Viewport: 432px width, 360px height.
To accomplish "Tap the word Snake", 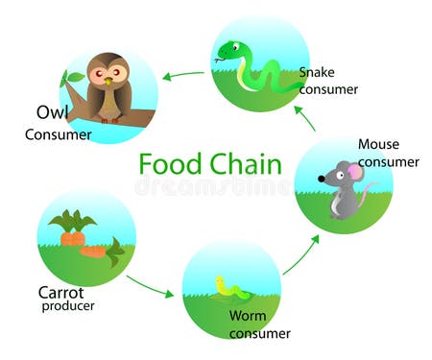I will tap(317, 72).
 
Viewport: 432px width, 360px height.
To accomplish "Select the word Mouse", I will tap(378, 144).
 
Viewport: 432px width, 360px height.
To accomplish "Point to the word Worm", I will tap(247, 316).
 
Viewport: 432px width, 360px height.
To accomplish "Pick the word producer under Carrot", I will tap(69, 307).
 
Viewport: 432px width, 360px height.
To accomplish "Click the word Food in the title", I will tap(172, 163).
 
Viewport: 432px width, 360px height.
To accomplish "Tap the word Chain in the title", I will tap(245, 163).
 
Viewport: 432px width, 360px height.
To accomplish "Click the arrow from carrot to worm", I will tap(151, 285).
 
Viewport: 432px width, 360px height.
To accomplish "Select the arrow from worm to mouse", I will tap(300, 254).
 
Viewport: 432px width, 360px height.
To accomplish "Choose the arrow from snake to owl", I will tap(182, 74).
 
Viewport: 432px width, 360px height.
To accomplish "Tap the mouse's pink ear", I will tap(355, 173).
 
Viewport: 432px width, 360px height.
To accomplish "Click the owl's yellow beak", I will tap(108, 80).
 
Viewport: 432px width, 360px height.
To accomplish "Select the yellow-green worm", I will tap(230, 287).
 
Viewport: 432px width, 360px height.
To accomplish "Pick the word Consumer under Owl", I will tap(59, 134).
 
